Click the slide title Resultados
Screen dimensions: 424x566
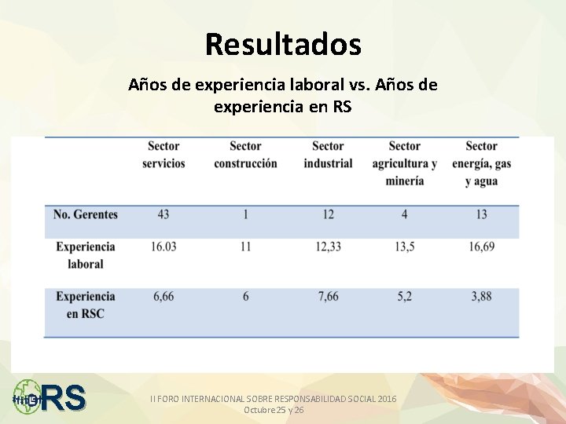tap(283, 44)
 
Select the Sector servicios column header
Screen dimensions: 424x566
tap(164, 155)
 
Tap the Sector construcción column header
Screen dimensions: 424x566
tap(245, 155)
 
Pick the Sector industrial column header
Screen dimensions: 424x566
tap(328, 155)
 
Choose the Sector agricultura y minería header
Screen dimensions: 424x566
tap(404, 163)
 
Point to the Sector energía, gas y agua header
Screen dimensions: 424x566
tap(481, 163)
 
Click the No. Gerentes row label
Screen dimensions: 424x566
tap(86, 214)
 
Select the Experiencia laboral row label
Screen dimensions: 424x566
tap(86, 255)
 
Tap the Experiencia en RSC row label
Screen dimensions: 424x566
tap(86, 305)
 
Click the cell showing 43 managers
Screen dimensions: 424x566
tap(163, 214)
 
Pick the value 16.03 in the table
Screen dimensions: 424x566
tap(164, 247)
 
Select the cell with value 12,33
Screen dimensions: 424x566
tap(328, 247)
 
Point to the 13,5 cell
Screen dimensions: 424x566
tap(404, 247)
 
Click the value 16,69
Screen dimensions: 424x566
tap(481, 247)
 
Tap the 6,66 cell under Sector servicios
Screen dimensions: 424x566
tap(164, 296)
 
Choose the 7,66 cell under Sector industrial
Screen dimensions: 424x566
tap(328, 296)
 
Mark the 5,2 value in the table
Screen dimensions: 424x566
tap(404, 296)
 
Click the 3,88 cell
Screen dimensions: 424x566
tap(481, 296)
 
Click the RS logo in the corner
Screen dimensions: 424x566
tap(50, 397)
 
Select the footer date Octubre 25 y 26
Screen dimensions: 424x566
tap(274, 410)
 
